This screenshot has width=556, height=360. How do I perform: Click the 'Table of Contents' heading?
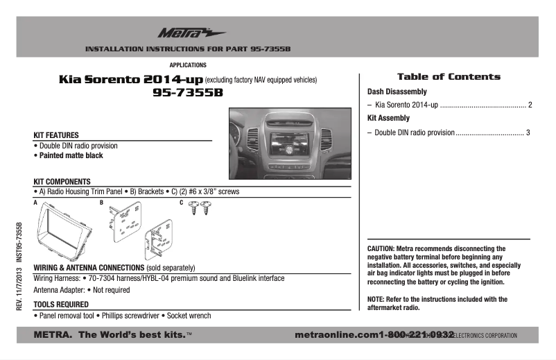coord(448,77)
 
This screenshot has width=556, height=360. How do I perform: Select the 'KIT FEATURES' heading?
coord(56,135)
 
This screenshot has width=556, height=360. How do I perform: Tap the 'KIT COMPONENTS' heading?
coord(62,181)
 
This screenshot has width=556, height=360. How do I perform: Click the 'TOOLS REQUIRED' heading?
coord(61,304)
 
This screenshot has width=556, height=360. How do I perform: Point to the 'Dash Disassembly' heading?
coord(397,92)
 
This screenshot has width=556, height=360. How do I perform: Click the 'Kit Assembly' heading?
coord(388,118)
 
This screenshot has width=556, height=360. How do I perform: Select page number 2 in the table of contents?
coord(530,105)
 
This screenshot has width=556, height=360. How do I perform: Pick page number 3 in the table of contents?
coord(528,132)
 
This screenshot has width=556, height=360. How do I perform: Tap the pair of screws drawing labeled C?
coord(200,207)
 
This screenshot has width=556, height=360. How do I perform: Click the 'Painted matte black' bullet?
coord(69,156)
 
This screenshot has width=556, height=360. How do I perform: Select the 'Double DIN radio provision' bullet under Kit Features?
coord(78,146)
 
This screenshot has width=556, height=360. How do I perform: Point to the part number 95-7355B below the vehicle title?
coord(188,93)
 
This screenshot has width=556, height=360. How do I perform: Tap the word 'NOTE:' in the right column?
coord(376,300)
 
